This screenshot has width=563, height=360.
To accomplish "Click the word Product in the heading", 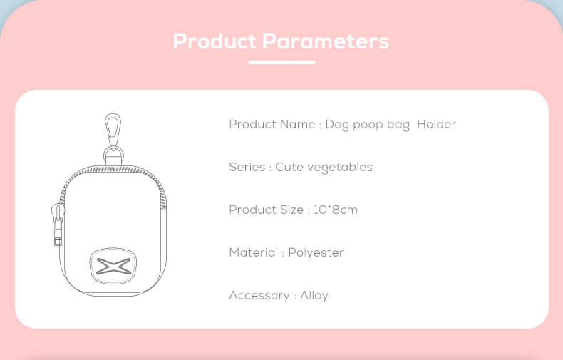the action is pyautogui.click(x=215, y=41).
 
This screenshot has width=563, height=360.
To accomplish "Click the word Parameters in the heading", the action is pyautogui.click(x=325, y=41).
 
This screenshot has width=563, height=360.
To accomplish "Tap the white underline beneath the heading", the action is pyautogui.click(x=282, y=62).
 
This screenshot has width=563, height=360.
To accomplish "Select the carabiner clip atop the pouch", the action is pyautogui.click(x=113, y=129).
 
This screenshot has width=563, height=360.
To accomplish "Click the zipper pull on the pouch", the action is pyautogui.click(x=58, y=223).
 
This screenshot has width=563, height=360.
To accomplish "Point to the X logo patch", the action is pyautogui.click(x=113, y=266).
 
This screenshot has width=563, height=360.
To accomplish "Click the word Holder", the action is pyautogui.click(x=436, y=124).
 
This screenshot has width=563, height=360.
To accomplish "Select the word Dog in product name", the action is pyautogui.click(x=337, y=125).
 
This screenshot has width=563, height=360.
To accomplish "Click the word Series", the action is pyautogui.click(x=247, y=167).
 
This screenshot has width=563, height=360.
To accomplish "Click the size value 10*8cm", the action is pyautogui.click(x=336, y=210).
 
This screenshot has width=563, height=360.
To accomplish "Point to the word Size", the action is pyautogui.click(x=291, y=210).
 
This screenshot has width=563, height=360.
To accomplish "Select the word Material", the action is pyautogui.click(x=254, y=252).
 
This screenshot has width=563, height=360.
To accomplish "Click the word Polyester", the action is pyautogui.click(x=316, y=253).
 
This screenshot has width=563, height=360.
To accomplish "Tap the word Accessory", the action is pyautogui.click(x=259, y=296).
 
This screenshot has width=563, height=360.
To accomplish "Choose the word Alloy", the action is pyautogui.click(x=314, y=296).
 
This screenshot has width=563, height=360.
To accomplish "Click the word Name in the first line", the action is pyautogui.click(x=297, y=124).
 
